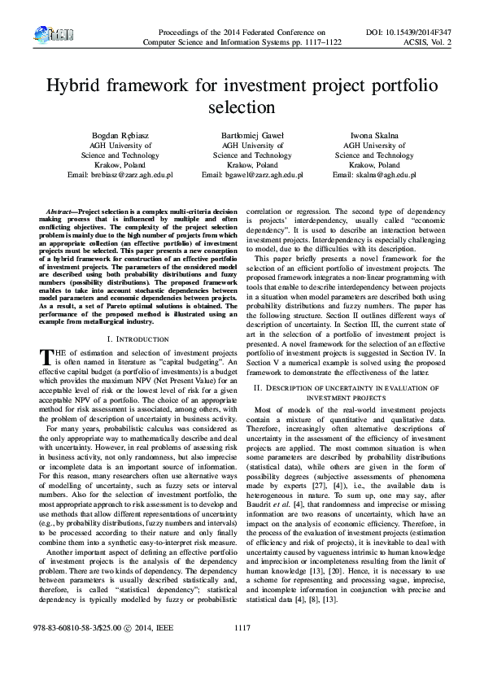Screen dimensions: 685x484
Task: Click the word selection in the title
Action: [242, 107]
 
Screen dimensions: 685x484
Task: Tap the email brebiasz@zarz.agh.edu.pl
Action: [124, 175]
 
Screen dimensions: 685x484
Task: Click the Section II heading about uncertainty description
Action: [351, 391]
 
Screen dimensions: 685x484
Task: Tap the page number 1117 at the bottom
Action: [242, 650]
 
